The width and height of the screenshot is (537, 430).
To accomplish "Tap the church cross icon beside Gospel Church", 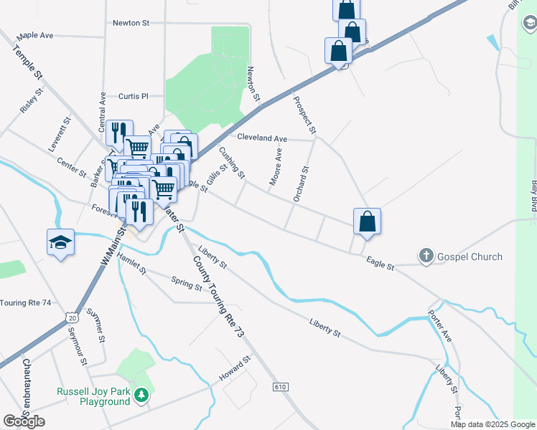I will (426, 256).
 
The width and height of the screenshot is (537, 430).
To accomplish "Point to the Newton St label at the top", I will (131, 23).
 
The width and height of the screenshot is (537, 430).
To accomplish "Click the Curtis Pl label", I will (133, 96).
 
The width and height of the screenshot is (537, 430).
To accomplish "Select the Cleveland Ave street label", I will (262, 138).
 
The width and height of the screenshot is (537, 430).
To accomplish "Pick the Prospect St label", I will (304, 115).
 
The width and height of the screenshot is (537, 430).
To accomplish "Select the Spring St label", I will (187, 285).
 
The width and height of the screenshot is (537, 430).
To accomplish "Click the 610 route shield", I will (280, 387).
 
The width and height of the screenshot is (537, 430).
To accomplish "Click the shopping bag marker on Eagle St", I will (367, 221).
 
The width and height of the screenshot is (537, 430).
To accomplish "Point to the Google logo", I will (24, 421).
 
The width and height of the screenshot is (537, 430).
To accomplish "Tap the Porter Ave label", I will (439, 326).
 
